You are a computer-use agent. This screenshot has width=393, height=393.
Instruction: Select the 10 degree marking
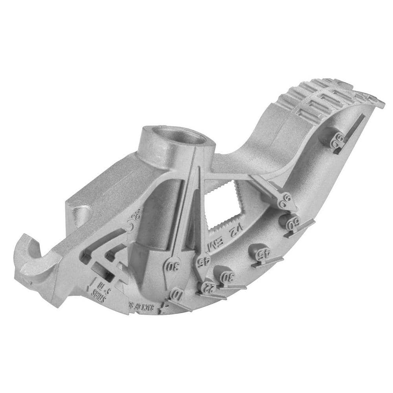[176, 294]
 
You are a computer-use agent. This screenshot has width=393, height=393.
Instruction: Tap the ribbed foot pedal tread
[326, 96]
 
